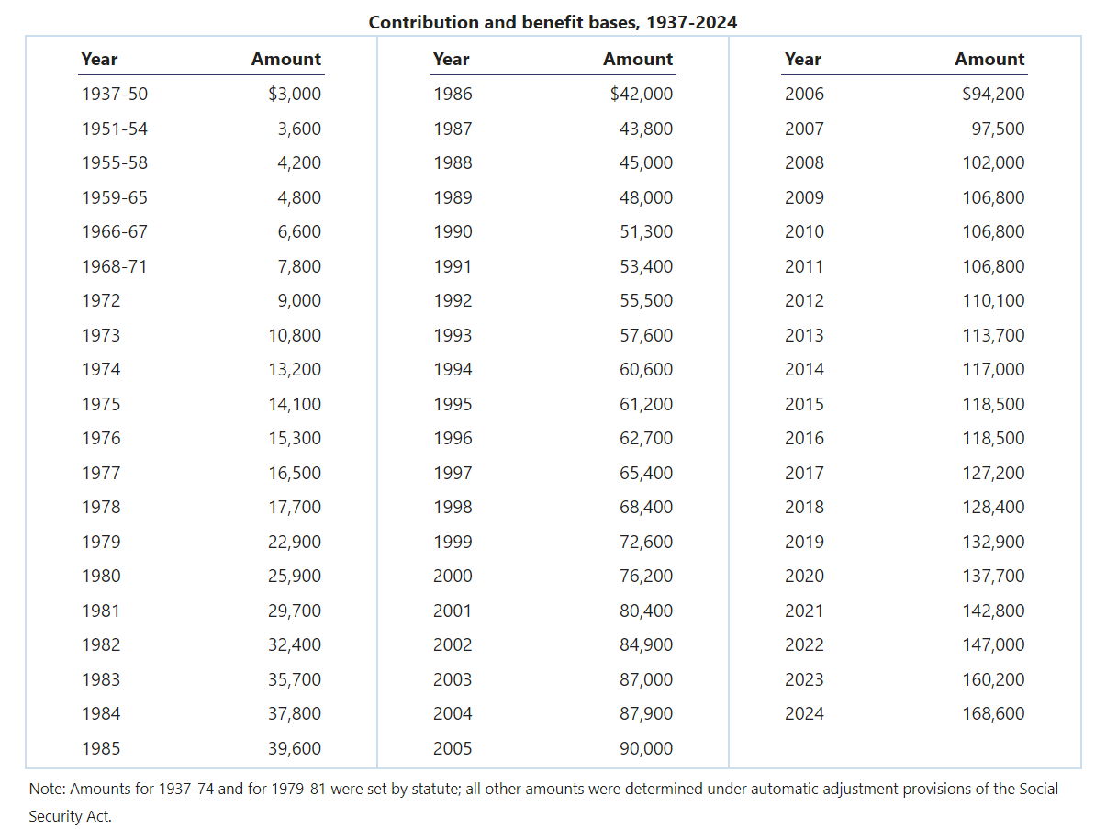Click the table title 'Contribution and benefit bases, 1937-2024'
click(x=553, y=22)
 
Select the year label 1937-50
click(x=114, y=94)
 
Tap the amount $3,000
click(x=295, y=94)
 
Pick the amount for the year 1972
click(x=299, y=300)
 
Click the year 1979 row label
click(x=100, y=542)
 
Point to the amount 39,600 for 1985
click(x=295, y=748)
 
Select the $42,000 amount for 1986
click(x=641, y=94)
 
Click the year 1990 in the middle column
click(x=453, y=231)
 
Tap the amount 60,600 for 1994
click(x=646, y=369)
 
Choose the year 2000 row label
click(x=453, y=576)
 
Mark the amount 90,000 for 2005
click(x=646, y=748)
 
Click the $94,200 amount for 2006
click(x=993, y=94)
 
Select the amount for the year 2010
click(x=993, y=231)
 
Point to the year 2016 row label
click(x=804, y=438)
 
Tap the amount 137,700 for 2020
click(x=993, y=576)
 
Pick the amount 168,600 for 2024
click(x=993, y=713)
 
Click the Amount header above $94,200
click(x=989, y=59)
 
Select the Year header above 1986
click(x=451, y=59)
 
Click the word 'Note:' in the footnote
click(x=48, y=789)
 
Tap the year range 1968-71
click(x=114, y=266)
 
